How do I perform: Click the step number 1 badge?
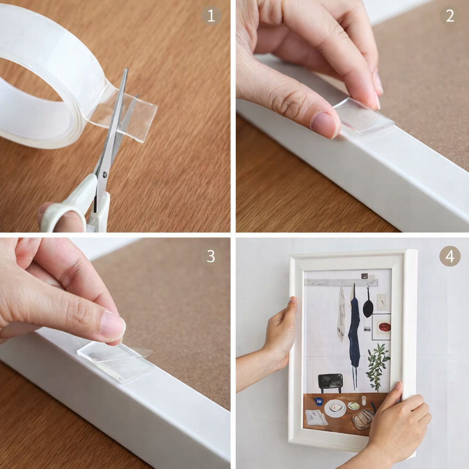click(x=211, y=15)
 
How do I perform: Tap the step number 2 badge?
click(x=450, y=15)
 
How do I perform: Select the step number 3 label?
click(x=211, y=256)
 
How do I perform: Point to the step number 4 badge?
click(x=450, y=256)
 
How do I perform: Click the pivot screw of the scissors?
click(x=104, y=174)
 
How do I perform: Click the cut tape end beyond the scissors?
click(x=141, y=117)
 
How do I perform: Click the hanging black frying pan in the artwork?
click(x=368, y=306)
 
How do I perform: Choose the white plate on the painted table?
click(x=335, y=408)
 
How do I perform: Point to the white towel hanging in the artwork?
click(x=341, y=314)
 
